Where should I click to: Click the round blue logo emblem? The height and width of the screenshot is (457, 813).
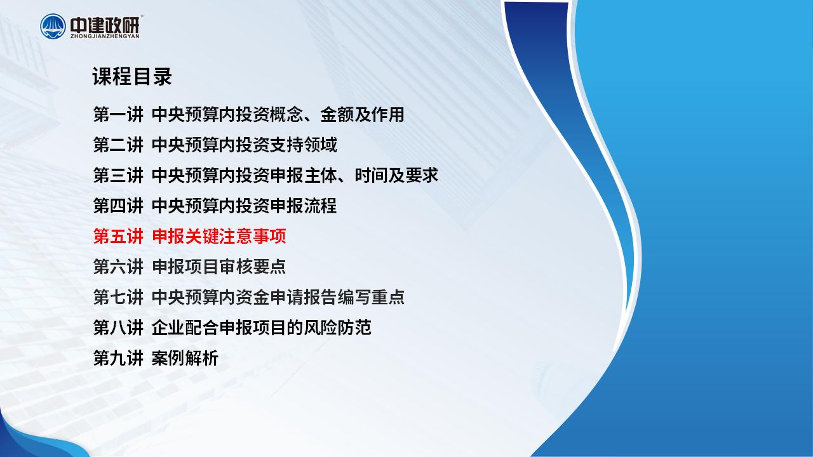point(53,26)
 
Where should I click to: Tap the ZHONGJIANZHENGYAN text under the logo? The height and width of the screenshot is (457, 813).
point(105,36)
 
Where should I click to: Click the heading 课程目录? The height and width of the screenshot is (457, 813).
point(132,77)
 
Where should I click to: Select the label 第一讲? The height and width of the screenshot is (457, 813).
point(118,114)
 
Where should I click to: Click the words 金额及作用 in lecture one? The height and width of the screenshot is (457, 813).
point(362,114)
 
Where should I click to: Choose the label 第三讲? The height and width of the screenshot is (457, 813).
point(118,175)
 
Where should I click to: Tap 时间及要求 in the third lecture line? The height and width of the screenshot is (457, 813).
point(396,175)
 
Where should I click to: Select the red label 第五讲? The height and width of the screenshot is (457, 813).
point(118,236)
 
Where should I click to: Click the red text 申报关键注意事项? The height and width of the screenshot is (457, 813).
point(219,236)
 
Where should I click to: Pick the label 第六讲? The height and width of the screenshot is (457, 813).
point(118,267)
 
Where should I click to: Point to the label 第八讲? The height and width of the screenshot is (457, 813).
point(118,328)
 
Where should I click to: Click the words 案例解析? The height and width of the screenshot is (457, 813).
point(185,358)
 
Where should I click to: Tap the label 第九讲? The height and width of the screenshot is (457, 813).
point(118,358)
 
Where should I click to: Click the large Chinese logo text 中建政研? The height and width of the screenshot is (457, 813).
point(105,24)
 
